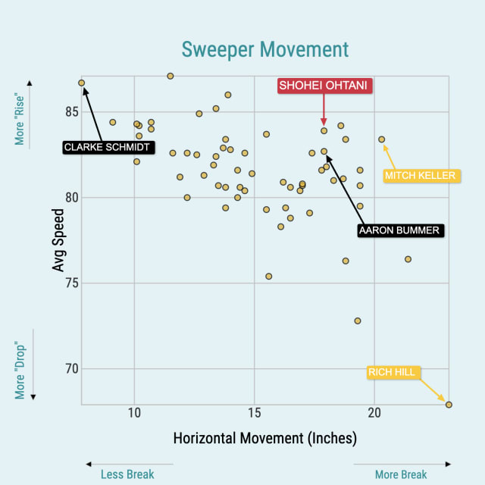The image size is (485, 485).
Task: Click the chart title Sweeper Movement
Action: tap(265, 49)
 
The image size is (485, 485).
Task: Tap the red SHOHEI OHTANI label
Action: tap(324, 86)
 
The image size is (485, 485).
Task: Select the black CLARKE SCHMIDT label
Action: tap(107, 147)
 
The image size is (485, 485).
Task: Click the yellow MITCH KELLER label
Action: tap(420, 176)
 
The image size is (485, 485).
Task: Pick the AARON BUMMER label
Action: tap(399, 230)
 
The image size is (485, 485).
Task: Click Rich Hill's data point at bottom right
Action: tap(449, 405)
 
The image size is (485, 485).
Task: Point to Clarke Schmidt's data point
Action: tap(81, 83)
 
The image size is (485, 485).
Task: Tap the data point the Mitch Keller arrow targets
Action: tap(382, 139)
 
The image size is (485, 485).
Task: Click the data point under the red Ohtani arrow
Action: tap(324, 130)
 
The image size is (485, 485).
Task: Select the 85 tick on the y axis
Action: tap(70, 111)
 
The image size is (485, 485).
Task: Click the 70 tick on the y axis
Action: tap(70, 369)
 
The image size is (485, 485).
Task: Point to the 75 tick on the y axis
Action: tap(70, 283)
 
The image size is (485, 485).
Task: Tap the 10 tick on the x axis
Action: tap(134, 413)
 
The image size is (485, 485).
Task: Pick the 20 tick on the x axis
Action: tap(374, 413)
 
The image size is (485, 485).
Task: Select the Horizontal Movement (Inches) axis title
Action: tap(265, 439)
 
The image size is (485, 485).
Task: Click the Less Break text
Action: tap(127, 474)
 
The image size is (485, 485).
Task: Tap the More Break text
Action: tap(401, 474)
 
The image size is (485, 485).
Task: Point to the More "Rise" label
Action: tap(20, 120)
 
